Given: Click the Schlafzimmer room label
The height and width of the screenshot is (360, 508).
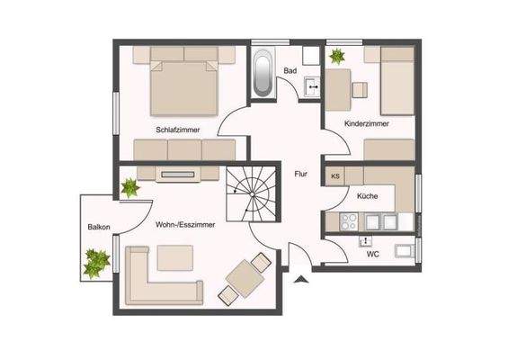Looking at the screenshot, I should (177, 130).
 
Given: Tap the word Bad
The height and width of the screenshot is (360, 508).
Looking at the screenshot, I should (290, 69).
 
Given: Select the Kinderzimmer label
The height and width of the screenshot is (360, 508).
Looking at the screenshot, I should (367, 124).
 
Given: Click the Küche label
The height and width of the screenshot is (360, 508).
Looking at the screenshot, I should (367, 195).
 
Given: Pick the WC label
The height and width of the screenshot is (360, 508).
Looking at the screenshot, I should (373, 255).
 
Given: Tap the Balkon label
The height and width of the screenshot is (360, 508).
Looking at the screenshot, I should (99, 227).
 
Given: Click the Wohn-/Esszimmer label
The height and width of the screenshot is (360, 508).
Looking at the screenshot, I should (184, 224).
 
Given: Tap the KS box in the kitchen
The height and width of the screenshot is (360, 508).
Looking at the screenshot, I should (335, 176).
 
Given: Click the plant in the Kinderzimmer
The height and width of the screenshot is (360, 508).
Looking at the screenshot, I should (337, 57).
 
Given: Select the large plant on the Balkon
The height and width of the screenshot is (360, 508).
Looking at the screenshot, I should (94, 265).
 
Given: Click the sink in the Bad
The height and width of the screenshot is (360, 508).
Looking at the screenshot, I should (312, 86).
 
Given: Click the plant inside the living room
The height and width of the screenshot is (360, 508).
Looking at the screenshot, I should (129, 188).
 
